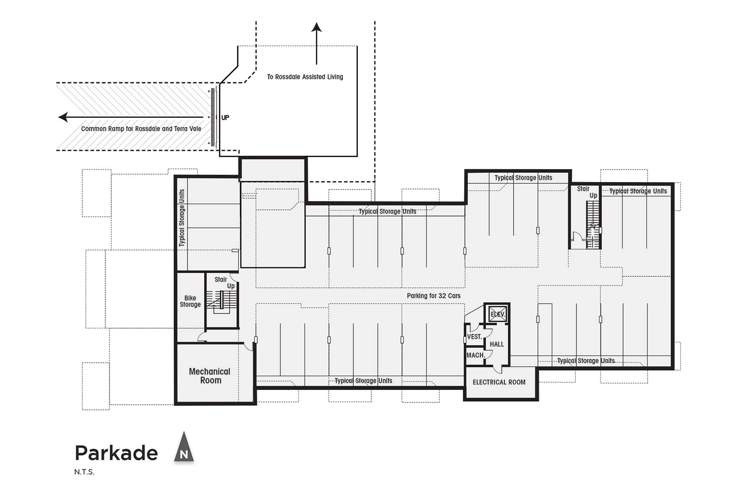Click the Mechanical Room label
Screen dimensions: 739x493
[x=210, y=376]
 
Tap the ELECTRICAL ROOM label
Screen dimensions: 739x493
[x=499, y=382]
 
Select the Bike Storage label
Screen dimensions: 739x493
[x=190, y=301]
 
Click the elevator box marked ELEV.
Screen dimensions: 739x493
[x=497, y=313]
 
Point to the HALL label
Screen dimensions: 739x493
[x=497, y=344]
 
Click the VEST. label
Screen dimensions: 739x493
[x=475, y=336]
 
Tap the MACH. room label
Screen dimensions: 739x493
[x=475, y=355]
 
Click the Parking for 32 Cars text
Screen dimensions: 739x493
[x=434, y=296]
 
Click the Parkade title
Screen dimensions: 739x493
[x=116, y=453]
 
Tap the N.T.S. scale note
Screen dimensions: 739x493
[x=84, y=472]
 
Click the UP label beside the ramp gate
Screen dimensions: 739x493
[x=225, y=117]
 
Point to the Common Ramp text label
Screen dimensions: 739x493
[x=141, y=129]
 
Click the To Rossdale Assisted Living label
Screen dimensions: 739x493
[x=305, y=77]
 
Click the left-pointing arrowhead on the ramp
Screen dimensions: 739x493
[x=63, y=117]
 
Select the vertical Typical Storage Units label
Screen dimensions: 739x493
[x=182, y=218]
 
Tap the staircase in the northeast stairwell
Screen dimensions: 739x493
[x=593, y=225]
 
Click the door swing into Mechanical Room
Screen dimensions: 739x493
[x=248, y=347]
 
